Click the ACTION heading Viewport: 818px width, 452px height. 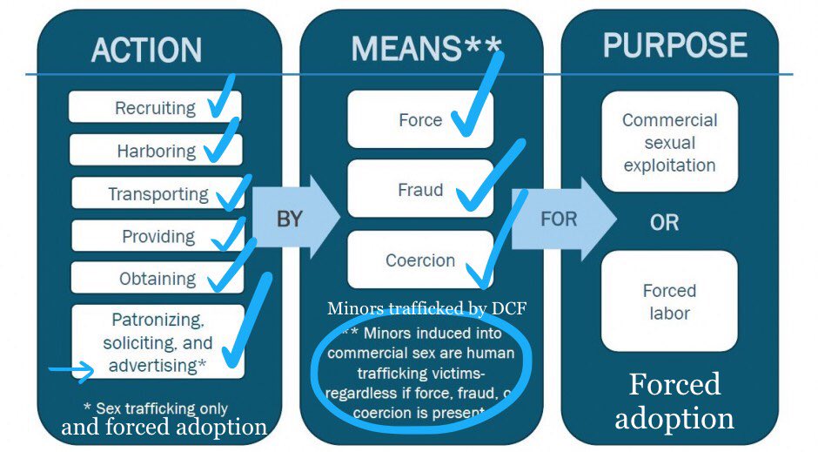146,50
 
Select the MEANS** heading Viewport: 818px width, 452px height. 415,49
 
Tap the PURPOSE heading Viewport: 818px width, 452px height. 675,45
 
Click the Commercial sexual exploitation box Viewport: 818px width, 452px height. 669,142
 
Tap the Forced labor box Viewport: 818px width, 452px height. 669,301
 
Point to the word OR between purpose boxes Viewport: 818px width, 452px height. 664,223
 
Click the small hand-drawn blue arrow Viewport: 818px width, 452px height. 71,373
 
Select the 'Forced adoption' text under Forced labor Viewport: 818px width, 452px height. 674,401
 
